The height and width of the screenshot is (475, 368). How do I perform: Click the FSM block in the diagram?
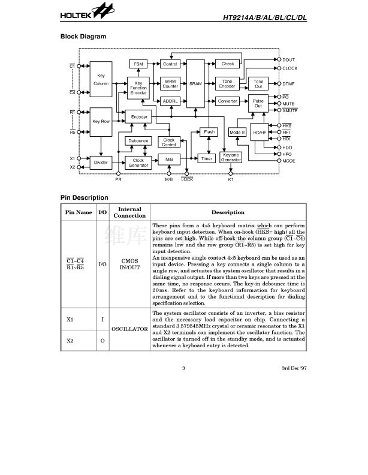(138, 64)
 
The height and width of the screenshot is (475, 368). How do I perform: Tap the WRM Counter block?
(170, 84)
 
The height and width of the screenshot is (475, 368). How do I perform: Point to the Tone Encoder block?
(228, 84)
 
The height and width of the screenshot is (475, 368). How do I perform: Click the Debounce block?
(138, 141)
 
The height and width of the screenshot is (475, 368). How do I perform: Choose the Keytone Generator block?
(231, 158)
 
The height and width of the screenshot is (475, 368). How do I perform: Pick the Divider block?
(101, 162)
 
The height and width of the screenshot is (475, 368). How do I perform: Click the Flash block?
(209, 131)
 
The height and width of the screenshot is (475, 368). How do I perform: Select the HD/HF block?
(260, 133)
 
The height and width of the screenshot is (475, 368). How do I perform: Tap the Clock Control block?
(169, 142)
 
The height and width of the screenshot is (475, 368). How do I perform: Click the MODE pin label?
(289, 161)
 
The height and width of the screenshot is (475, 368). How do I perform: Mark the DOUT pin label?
(289, 60)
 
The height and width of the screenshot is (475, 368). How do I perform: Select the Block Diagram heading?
(83, 37)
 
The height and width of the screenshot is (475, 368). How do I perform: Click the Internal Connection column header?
(129, 212)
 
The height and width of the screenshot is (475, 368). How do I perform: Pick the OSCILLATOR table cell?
(130, 329)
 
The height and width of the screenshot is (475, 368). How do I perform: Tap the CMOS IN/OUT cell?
(130, 264)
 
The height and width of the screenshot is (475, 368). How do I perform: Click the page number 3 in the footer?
(185, 368)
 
